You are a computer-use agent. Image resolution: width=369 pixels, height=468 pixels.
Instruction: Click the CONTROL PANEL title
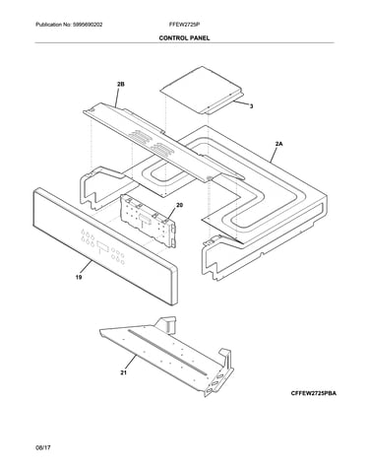(184, 38)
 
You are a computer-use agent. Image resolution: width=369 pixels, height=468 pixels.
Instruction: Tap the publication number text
(69, 25)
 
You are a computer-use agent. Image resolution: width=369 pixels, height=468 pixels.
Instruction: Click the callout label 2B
(121, 85)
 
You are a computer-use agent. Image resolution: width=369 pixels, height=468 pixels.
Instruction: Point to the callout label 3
(251, 106)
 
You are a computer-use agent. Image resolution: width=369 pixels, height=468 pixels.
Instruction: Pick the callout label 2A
(279, 144)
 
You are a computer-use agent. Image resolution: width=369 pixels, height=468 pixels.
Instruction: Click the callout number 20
(179, 205)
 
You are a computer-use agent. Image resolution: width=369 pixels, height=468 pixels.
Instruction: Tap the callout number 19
(79, 278)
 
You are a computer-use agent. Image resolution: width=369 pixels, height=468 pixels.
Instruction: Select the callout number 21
(123, 372)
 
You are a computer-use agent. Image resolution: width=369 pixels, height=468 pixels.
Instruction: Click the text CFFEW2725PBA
(313, 393)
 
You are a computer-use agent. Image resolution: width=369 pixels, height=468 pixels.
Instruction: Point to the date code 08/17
(43, 447)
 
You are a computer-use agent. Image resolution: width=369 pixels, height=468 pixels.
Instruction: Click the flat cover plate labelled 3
(202, 90)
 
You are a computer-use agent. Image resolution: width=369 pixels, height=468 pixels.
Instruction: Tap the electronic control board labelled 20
(149, 220)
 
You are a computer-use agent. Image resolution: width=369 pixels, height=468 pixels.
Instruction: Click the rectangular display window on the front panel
(102, 246)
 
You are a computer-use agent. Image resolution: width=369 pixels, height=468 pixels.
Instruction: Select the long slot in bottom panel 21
(167, 352)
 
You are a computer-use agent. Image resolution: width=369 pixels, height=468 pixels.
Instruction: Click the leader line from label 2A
(274, 155)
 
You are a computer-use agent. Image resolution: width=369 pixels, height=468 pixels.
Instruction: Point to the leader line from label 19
(86, 266)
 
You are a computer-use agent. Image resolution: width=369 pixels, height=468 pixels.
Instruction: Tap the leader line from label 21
(130, 363)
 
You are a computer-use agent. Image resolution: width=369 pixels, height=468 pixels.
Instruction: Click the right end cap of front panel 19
(174, 285)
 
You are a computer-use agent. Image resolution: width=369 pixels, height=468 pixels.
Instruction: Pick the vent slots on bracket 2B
(152, 142)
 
